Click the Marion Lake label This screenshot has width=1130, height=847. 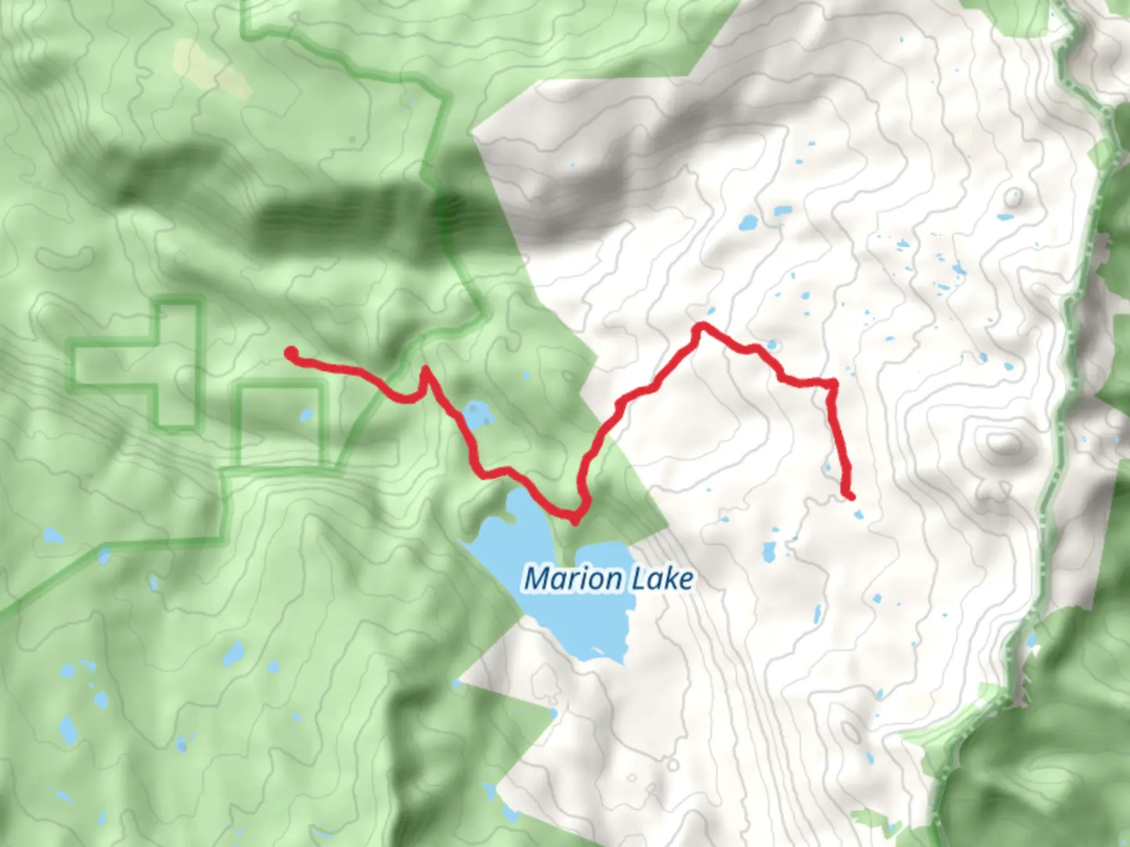coord(608,580)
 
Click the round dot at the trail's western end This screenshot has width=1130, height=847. coord(290,354)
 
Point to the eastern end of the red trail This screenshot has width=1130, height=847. coord(851,496)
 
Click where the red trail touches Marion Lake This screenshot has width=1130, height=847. coord(575,518)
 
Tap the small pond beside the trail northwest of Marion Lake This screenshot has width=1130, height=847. coord(476,414)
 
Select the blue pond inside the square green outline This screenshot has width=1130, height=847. coord(305,415)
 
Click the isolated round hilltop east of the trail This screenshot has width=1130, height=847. coord(1003,444)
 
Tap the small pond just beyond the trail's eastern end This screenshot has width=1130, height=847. coord(860,514)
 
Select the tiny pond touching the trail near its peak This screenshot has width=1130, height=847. coord(772,345)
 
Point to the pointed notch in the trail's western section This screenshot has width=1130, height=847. coord(425,368)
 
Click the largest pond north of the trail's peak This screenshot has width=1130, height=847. coord(748,223)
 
